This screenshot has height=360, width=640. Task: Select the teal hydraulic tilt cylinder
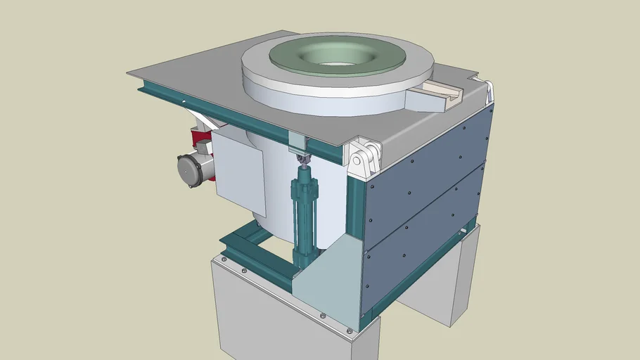(305, 211)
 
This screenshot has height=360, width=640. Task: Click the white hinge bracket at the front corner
(365, 155)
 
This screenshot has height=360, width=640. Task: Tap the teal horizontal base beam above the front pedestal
(257, 271)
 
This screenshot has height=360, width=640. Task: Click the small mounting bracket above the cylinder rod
(298, 141)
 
